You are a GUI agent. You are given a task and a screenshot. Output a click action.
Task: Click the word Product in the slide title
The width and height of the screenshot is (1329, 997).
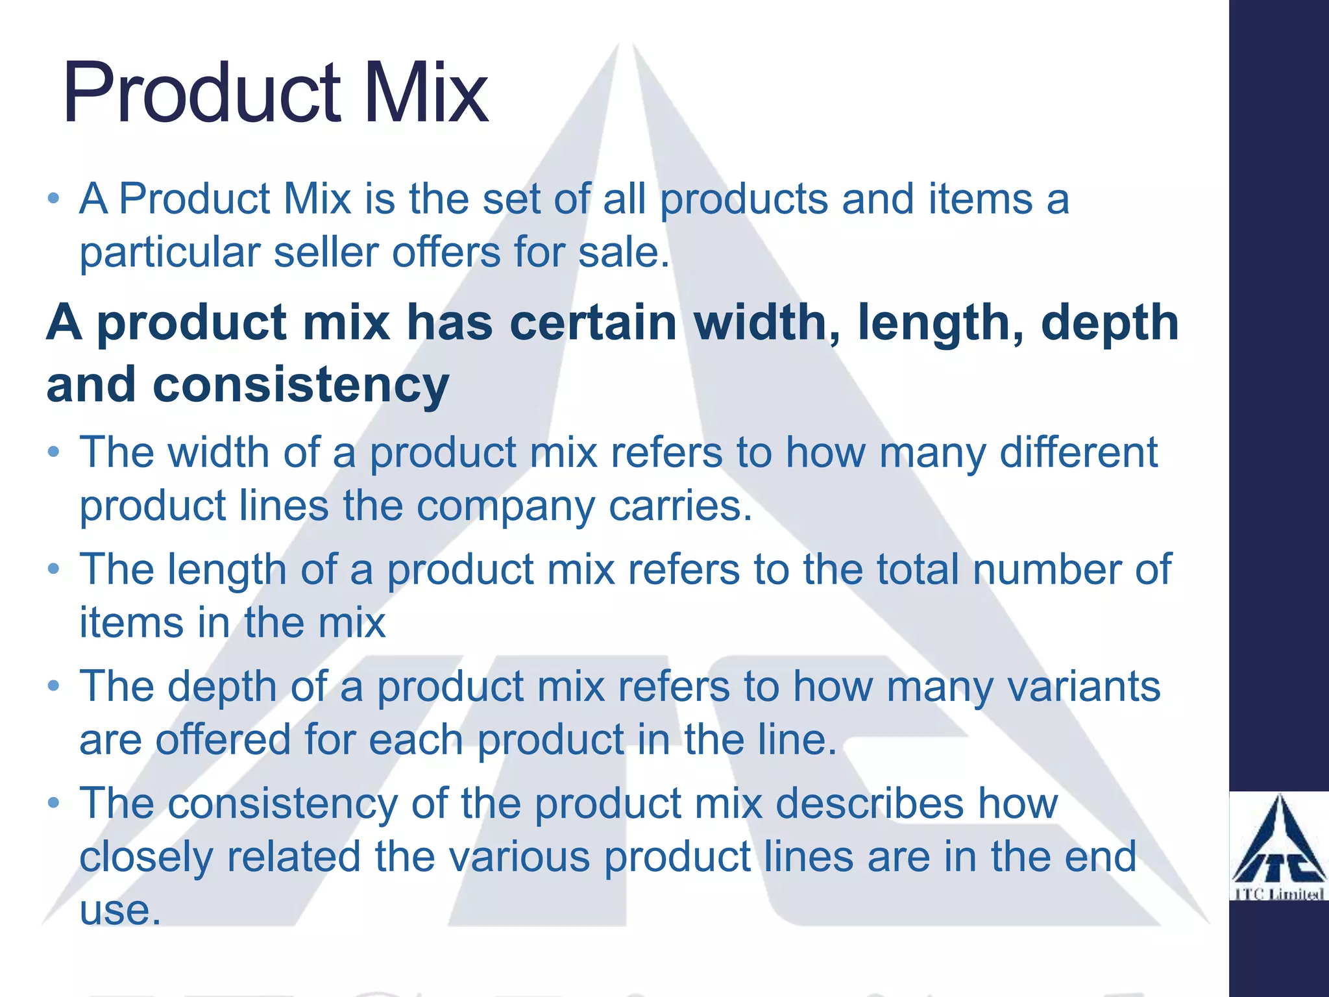201,92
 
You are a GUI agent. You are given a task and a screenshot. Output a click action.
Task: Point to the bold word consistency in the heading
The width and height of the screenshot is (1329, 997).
300,384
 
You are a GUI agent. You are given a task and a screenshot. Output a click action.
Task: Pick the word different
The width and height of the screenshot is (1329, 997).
1078,452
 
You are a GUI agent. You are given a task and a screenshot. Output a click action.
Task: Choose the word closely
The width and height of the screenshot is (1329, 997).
146,857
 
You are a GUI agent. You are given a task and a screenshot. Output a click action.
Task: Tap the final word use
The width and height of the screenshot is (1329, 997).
119,910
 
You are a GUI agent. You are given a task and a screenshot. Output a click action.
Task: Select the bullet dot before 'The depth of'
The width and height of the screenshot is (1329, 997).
54,686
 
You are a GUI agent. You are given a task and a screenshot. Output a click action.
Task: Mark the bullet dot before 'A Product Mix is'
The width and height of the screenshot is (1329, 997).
54,197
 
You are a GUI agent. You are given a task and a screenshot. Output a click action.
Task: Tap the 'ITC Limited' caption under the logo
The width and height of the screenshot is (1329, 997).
1278,894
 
